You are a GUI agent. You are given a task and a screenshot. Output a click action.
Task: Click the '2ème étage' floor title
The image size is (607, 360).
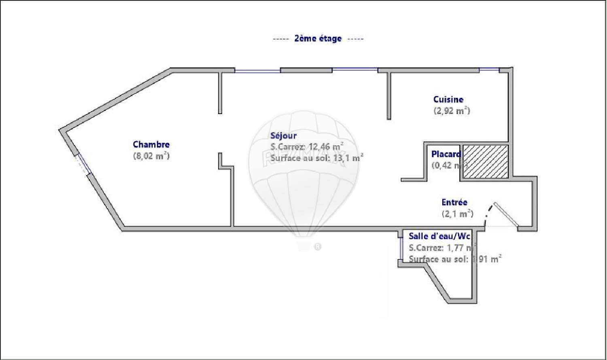(x=318, y=39)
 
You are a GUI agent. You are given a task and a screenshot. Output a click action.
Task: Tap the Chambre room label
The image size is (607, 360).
(x=151, y=144)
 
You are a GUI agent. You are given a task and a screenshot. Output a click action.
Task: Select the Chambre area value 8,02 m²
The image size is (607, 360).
(x=151, y=156)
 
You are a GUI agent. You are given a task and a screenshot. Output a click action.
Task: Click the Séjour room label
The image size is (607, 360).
(x=283, y=136)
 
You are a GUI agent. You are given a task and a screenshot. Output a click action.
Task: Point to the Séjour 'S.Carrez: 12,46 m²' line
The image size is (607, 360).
(x=307, y=146)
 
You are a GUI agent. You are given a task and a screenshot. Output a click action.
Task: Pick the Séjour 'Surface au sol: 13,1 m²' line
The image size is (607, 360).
(x=316, y=158)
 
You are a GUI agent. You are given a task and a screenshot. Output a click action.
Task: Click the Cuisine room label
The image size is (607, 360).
(x=448, y=100)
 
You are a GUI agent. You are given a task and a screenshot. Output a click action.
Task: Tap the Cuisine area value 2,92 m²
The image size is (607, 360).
(x=452, y=111)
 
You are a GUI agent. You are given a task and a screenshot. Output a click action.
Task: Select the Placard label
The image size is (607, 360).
(x=446, y=154)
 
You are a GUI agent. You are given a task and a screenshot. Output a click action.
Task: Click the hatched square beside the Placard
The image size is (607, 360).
(x=486, y=161)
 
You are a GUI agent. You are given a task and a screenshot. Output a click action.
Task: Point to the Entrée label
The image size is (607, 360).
(x=454, y=202)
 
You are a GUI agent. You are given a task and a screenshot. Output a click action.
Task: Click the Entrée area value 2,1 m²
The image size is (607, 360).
(x=457, y=214)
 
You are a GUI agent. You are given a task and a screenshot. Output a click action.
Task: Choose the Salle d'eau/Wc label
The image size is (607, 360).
(x=439, y=236)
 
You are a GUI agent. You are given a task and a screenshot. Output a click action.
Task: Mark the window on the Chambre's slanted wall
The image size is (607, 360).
(x=83, y=163)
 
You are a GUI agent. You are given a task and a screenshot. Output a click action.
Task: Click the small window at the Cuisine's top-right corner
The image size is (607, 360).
(x=489, y=70)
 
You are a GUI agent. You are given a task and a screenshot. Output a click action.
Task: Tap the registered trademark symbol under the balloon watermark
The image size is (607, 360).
(x=318, y=246)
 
